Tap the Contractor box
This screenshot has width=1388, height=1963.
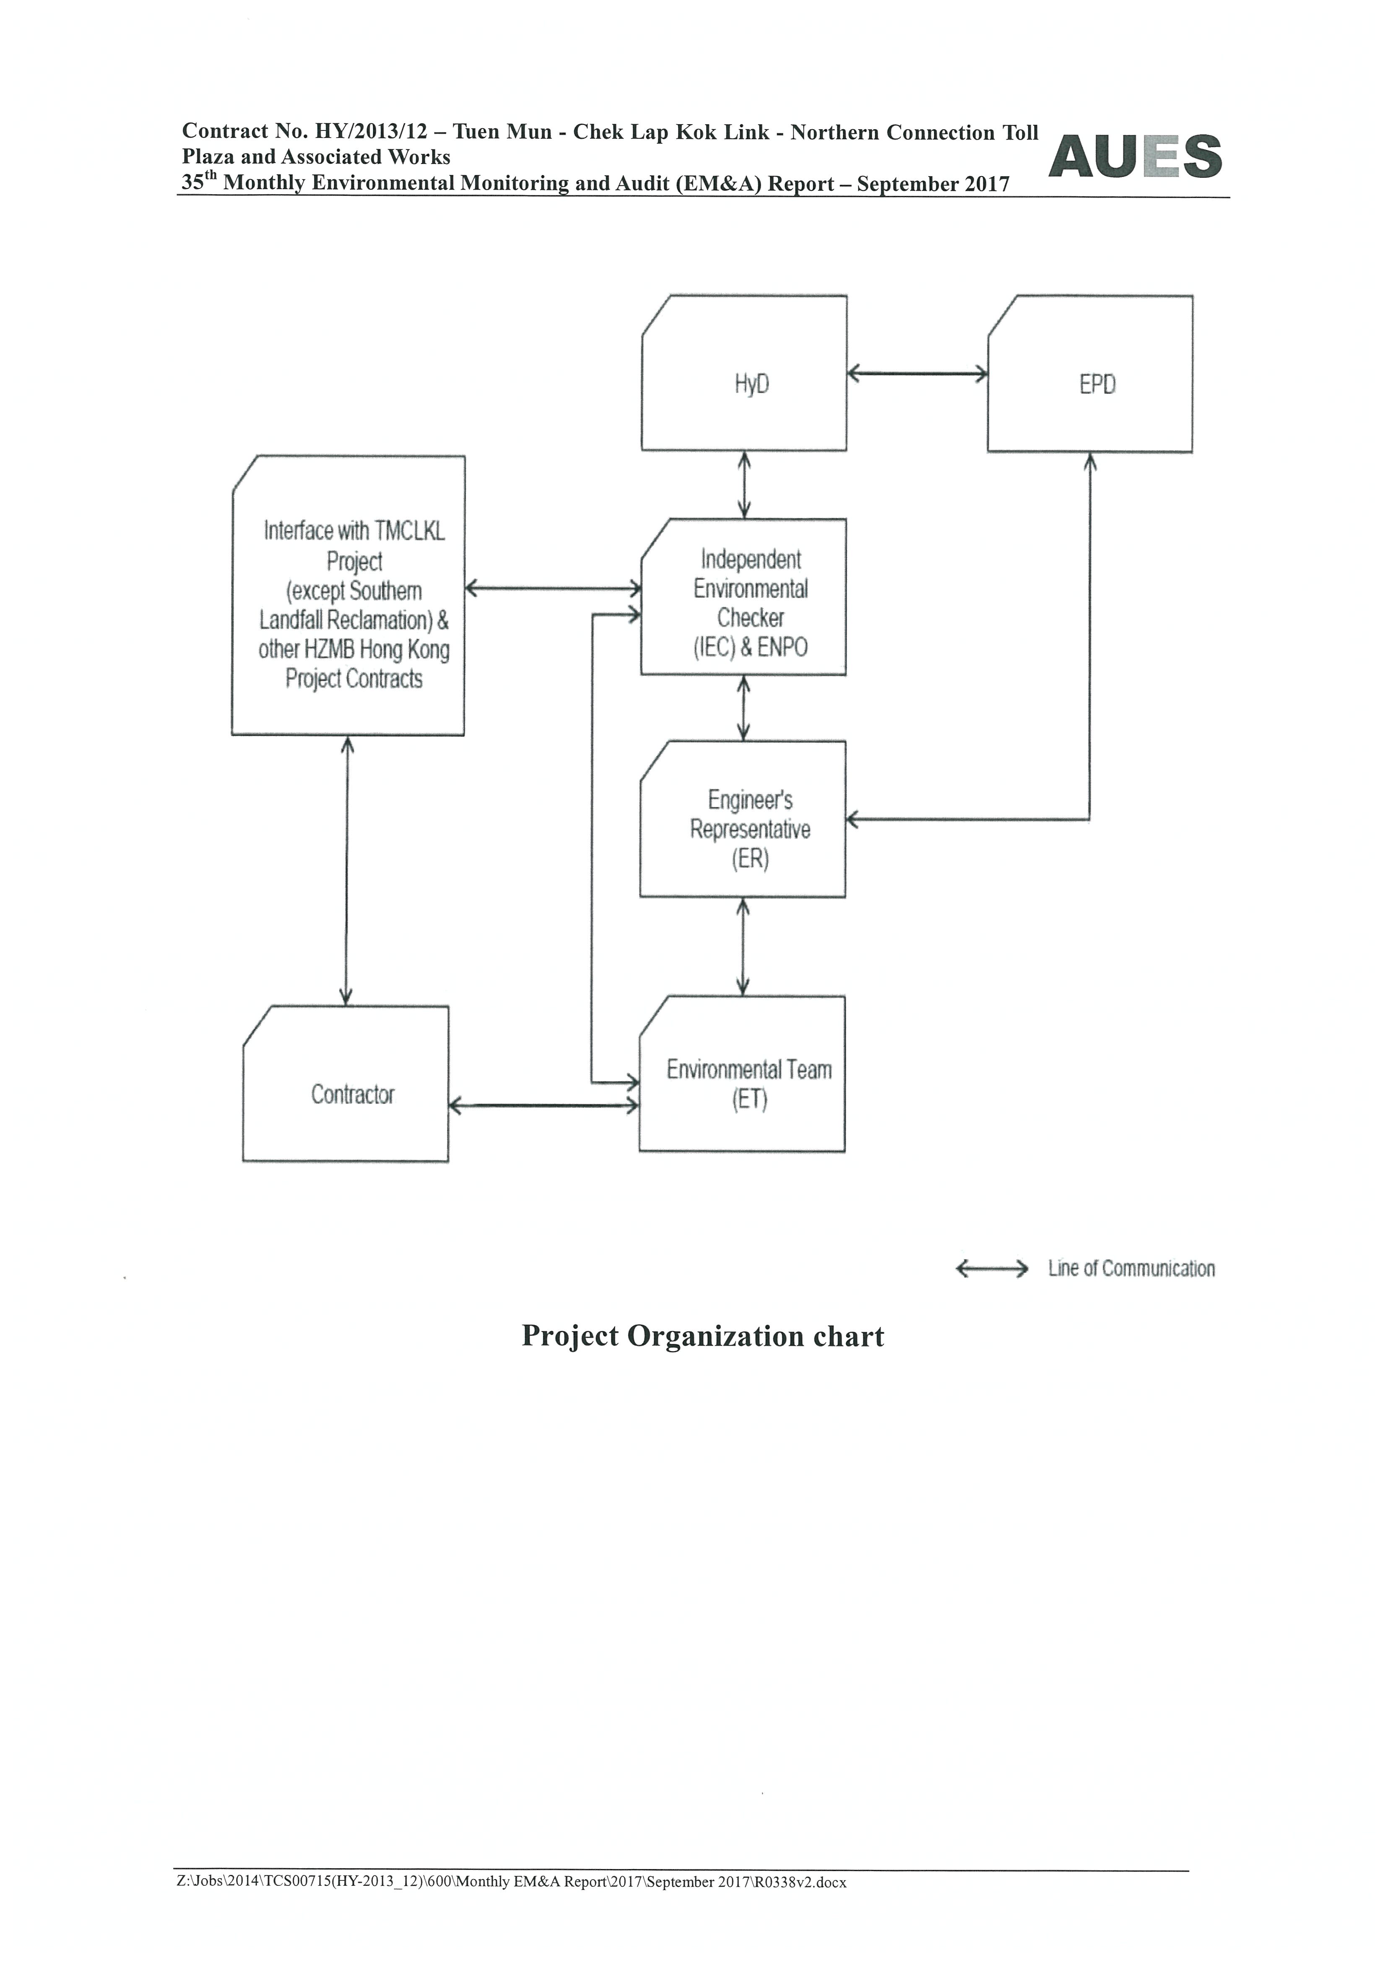click(x=345, y=1083)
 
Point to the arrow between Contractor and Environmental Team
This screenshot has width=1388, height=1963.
click(x=543, y=1106)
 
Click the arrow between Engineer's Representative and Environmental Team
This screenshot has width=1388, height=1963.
click(x=743, y=946)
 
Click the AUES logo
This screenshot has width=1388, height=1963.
click(x=1135, y=156)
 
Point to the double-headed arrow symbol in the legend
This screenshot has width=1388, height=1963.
click(x=991, y=1268)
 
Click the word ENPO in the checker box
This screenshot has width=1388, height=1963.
click(x=782, y=647)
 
